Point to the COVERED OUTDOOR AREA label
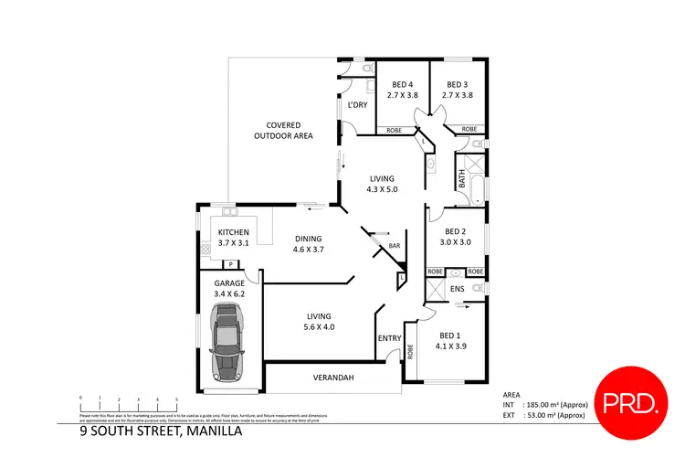click(283, 130)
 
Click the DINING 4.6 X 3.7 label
click(309, 243)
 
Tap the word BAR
click(395, 245)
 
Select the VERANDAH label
click(332, 378)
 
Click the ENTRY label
click(390, 338)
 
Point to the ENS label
click(458, 290)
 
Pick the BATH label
click(462, 181)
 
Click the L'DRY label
click(355, 106)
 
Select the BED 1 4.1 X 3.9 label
click(450, 340)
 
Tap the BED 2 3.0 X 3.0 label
click(455, 238)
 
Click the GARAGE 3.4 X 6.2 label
click(229, 289)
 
